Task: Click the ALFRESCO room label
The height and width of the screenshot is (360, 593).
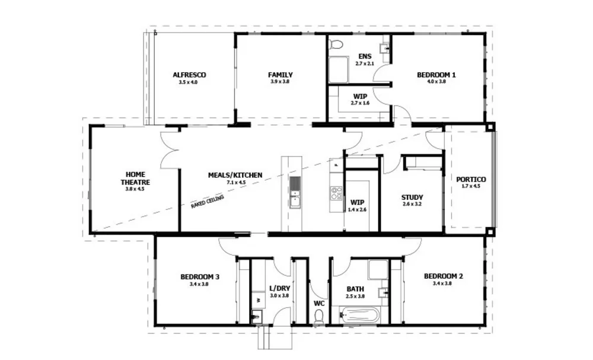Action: coord(189,75)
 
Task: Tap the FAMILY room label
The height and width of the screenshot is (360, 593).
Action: coord(280,75)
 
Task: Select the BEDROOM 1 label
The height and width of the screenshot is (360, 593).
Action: coord(436,75)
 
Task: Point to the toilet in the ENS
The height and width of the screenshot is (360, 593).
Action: coord(336,44)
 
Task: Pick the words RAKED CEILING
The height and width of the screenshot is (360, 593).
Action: coord(208,202)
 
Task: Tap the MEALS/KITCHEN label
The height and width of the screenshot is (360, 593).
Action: coord(235,176)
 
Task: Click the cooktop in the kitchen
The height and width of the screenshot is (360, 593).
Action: coord(336,193)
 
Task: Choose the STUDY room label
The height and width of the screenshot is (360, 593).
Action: coord(412,197)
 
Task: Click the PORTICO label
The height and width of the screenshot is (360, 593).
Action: coord(471,179)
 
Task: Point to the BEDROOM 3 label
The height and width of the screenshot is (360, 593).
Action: coord(200,276)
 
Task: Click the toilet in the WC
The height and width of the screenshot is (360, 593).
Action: coord(318,317)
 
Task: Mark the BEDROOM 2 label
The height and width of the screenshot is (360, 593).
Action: coord(443,276)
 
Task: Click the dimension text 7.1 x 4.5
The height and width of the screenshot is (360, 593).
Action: coord(235,183)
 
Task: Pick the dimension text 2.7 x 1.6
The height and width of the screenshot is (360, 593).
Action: coord(360,103)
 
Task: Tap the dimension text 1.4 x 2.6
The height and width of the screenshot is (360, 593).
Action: coord(357,209)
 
